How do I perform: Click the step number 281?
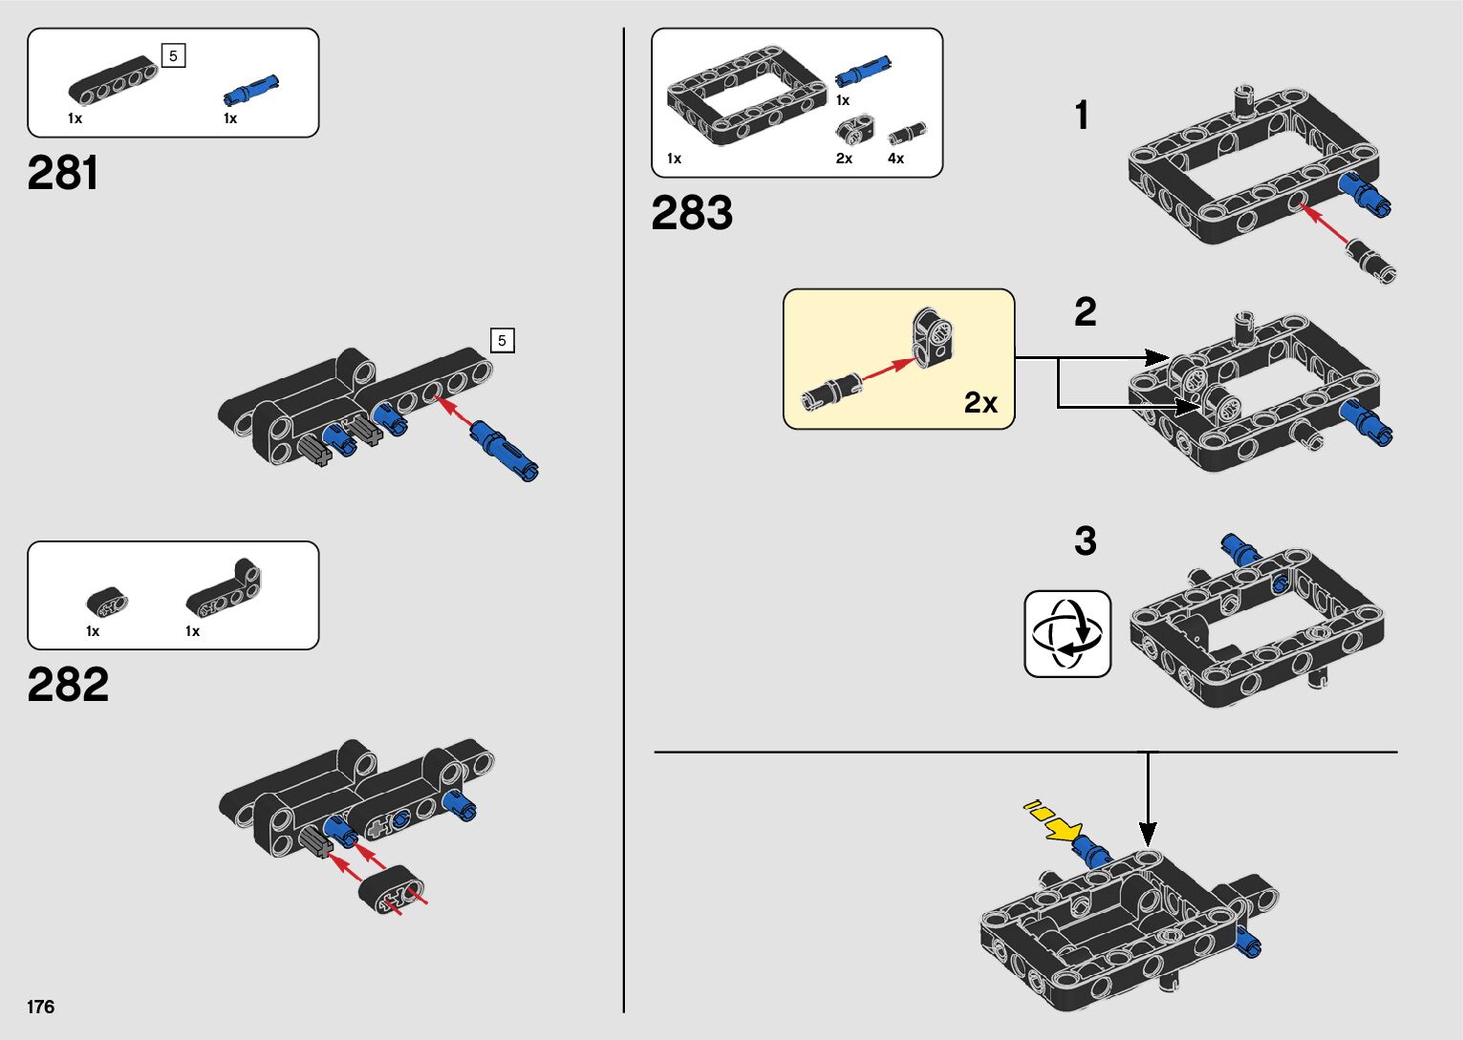(63, 174)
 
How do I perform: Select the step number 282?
(68, 685)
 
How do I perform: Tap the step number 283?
(692, 213)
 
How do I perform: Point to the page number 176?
(41, 1007)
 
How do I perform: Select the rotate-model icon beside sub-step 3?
(1067, 634)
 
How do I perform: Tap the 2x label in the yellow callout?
(980, 403)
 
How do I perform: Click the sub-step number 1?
(1082, 116)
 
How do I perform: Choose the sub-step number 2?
(1086, 312)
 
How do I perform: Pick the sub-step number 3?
(1086, 541)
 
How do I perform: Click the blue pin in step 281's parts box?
(251, 89)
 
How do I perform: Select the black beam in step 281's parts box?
(113, 80)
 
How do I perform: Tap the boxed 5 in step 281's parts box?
(173, 56)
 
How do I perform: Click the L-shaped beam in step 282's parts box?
(224, 588)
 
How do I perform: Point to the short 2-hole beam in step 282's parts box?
(108, 602)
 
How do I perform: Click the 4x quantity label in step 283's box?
(895, 159)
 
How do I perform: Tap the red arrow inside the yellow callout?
(888, 369)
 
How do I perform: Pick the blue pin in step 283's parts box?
(864, 72)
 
